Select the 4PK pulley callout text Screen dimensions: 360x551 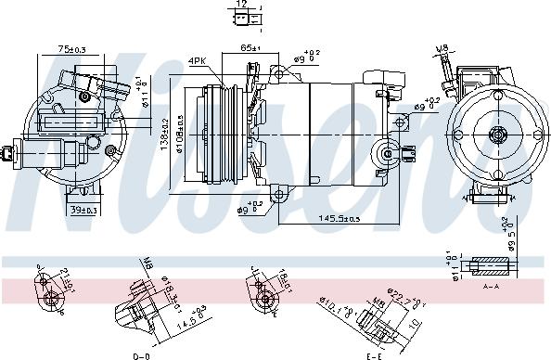(198, 61)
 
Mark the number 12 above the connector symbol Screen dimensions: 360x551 (241, 5)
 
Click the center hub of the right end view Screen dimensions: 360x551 (498, 135)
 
